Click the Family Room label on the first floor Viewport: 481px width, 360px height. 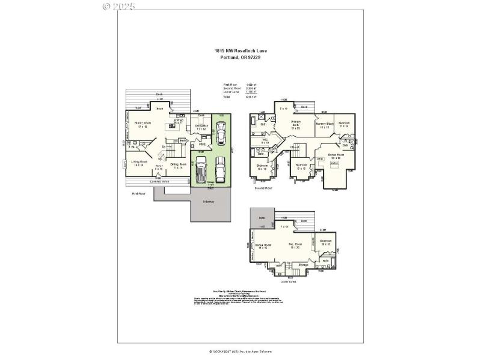(143, 124)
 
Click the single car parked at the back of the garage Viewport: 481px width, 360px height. (221, 130)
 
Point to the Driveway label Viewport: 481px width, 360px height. (209, 202)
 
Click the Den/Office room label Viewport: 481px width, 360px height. (201, 127)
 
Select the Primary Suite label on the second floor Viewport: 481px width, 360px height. (296, 124)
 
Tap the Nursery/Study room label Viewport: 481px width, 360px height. (325, 125)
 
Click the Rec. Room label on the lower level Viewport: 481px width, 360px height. (295, 245)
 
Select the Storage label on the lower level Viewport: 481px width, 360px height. (304, 265)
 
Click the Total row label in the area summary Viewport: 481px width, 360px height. (227, 96)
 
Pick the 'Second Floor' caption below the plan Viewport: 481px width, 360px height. (263, 188)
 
